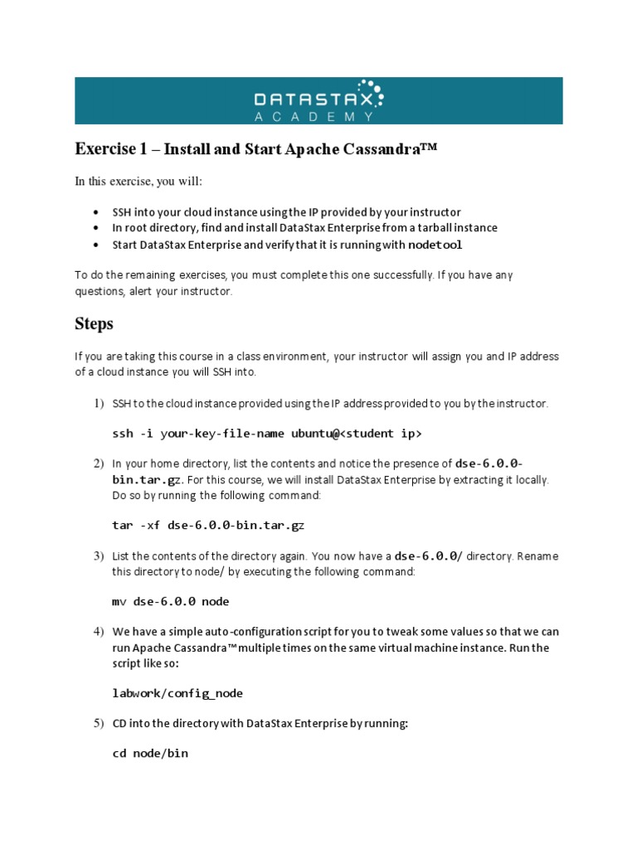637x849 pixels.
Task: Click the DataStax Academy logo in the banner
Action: coord(318,100)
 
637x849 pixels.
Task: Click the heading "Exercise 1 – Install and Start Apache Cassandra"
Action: coord(255,150)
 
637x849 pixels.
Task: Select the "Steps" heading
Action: coord(94,324)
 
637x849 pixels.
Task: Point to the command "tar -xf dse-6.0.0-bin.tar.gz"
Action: coord(208,525)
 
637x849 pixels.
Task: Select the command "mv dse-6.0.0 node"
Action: coord(170,601)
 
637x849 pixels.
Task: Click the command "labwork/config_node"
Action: coord(177,693)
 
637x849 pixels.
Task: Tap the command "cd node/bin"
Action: coord(150,754)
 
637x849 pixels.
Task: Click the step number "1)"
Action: coord(98,404)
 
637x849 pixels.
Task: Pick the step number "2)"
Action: coord(98,463)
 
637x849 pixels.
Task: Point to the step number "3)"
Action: coord(98,555)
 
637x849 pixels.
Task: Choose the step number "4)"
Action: coord(98,632)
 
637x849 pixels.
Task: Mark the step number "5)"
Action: coord(98,724)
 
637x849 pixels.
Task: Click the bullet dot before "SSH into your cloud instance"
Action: coord(98,212)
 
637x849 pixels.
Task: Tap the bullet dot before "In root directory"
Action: coord(98,228)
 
